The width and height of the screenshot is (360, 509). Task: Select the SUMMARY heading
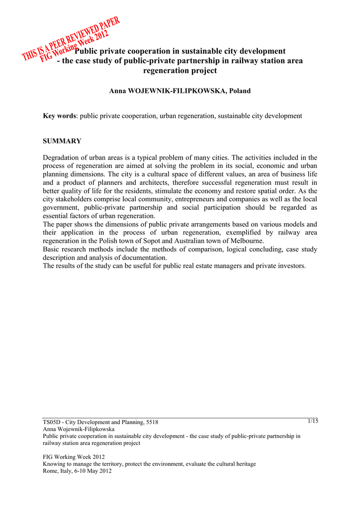(x=62, y=141)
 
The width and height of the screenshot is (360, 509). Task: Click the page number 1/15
(x=313, y=421)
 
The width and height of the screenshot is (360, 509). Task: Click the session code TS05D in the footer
(x=52, y=422)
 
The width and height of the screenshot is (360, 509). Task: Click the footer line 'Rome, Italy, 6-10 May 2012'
(x=77, y=471)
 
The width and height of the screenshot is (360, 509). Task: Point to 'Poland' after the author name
(x=240, y=91)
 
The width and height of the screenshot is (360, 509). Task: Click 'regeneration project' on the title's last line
(x=180, y=71)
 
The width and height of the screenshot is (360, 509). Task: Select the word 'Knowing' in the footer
(x=55, y=464)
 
